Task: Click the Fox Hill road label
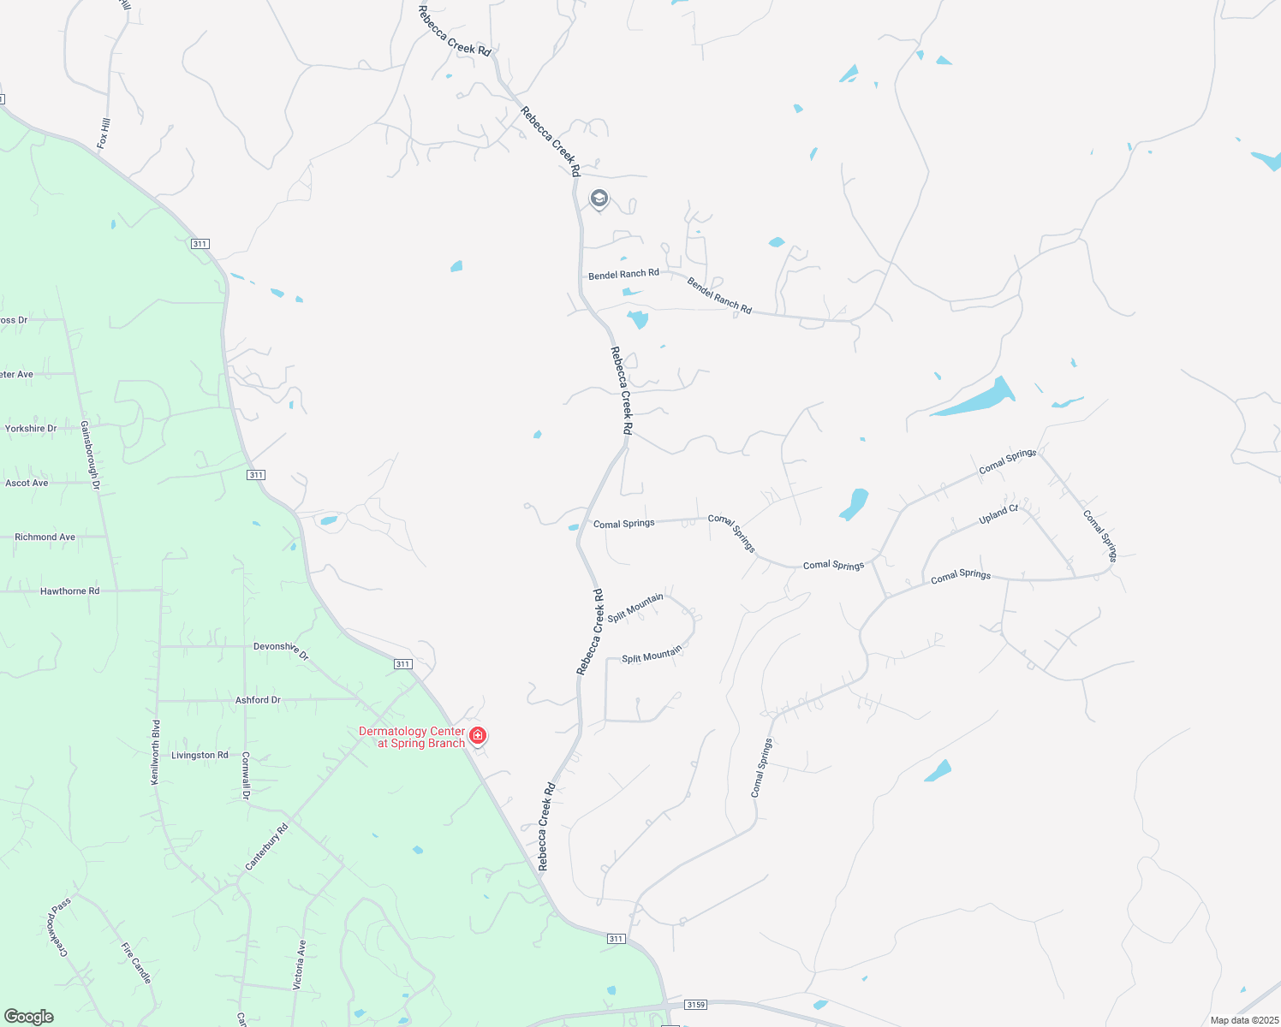(104, 134)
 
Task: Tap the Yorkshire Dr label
(31, 429)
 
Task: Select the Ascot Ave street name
(27, 483)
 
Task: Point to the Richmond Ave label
(45, 537)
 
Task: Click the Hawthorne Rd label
(69, 591)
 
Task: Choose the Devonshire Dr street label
(281, 650)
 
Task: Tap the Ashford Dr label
(258, 700)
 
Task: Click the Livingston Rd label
(200, 755)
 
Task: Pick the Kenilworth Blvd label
(156, 752)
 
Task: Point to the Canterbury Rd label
(267, 847)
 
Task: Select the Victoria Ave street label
(300, 965)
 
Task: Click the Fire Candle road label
(136, 963)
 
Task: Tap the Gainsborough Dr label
(91, 454)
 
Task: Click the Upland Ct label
(998, 514)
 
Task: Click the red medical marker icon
(478, 735)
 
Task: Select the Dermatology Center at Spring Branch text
(412, 737)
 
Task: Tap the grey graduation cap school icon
(599, 199)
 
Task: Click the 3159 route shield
(696, 1004)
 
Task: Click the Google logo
(29, 1017)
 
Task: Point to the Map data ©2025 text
(1243, 1020)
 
